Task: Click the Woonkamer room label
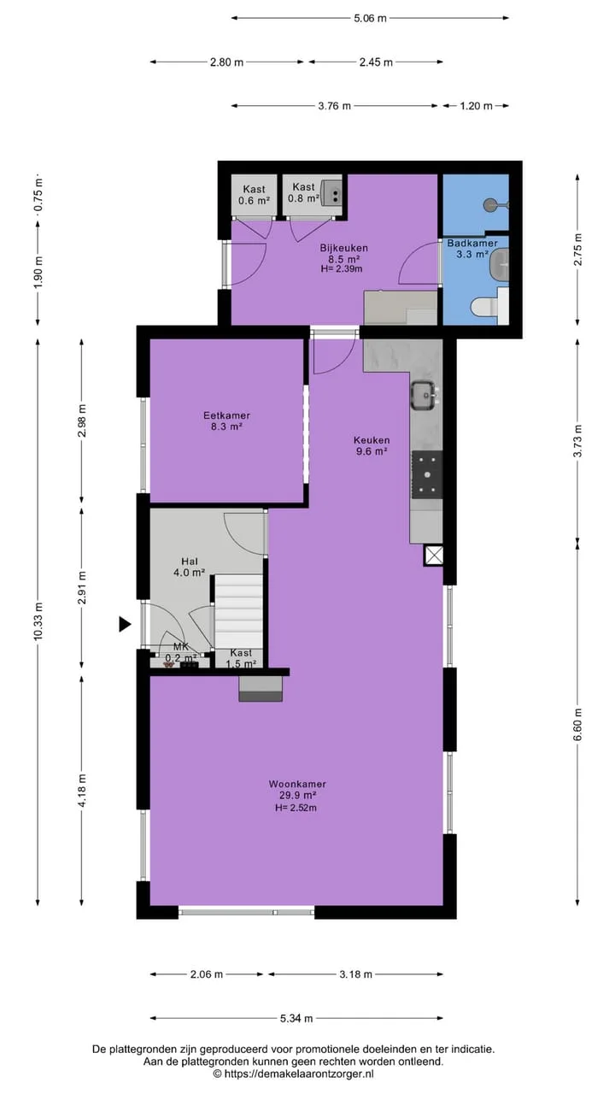(x=296, y=784)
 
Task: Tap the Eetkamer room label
(x=226, y=415)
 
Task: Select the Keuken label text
(x=372, y=440)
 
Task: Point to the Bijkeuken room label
(x=343, y=248)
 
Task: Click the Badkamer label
(x=472, y=243)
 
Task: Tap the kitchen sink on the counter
(x=425, y=395)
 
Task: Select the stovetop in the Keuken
(x=427, y=474)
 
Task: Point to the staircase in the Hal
(x=238, y=611)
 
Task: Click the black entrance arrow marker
(x=125, y=624)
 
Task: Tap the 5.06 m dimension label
(x=370, y=19)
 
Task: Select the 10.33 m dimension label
(x=38, y=621)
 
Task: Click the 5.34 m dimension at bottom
(x=296, y=1018)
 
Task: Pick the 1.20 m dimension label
(x=476, y=106)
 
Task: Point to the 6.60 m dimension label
(x=578, y=724)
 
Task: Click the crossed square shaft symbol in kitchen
(x=434, y=556)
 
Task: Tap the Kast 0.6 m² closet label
(x=254, y=194)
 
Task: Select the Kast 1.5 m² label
(x=241, y=658)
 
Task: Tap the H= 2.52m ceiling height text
(x=296, y=808)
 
